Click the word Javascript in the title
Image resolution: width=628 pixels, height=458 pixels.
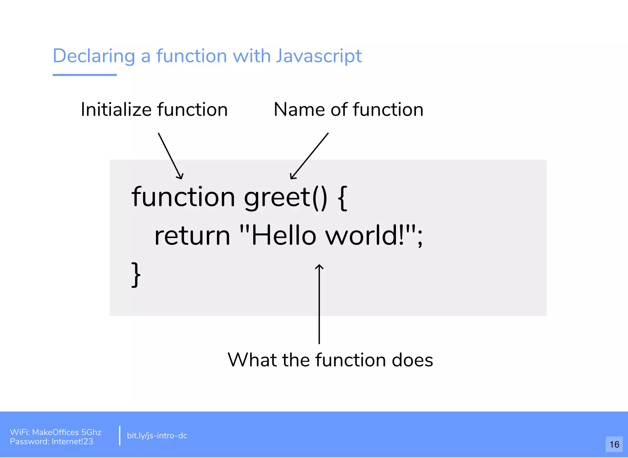point(319,56)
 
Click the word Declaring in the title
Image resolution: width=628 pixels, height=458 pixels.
point(94,56)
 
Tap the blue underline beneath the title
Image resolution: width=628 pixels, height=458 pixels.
point(85,75)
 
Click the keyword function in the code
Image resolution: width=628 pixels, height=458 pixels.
point(183,197)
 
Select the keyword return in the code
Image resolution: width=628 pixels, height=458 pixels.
point(192,236)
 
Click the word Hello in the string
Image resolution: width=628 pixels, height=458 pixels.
point(284,236)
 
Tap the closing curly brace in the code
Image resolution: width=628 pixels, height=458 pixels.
point(136,274)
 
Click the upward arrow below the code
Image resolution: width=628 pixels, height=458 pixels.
point(319,303)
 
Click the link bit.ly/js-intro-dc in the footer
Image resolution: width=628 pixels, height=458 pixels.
point(157,436)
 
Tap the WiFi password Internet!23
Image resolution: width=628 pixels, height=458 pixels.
point(72,441)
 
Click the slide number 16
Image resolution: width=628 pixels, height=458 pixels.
point(614,445)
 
